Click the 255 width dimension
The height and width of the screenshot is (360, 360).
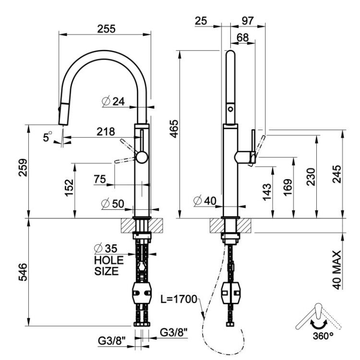[106, 29]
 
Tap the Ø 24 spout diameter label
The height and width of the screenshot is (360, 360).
[113, 101]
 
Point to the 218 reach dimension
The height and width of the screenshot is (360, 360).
[106, 132]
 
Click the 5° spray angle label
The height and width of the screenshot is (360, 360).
[48, 137]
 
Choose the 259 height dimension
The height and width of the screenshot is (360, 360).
[23, 168]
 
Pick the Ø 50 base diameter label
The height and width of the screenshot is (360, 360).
[113, 204]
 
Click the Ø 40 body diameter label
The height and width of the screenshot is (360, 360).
[205, 201]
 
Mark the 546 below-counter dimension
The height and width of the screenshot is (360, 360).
[23, 272]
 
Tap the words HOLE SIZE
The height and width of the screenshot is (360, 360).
[109, 265]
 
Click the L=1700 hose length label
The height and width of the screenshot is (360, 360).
[179, 299]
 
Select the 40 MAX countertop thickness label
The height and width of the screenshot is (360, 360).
[337, 270]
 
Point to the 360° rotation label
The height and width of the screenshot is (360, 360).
[323, 336]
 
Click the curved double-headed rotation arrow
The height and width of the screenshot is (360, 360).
[319, 325]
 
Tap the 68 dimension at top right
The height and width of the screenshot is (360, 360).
[243, 37]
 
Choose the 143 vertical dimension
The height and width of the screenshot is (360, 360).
[267, 192]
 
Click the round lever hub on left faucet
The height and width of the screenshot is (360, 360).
[142, 157]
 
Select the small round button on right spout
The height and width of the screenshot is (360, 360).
[230, 109]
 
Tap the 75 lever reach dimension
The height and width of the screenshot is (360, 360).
[100, 179]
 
